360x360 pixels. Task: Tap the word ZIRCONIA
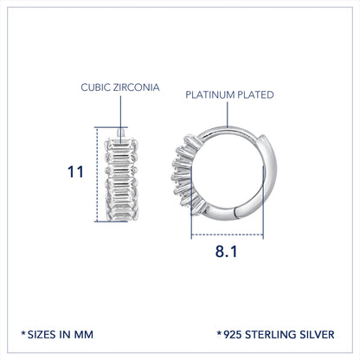point(136,87)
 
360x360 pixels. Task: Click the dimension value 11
point(75,172)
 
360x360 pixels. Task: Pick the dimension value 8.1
point(226,251)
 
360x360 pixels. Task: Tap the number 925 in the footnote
point(233,335)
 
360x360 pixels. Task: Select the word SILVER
point(317,335)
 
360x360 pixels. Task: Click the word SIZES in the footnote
point(42,335)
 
